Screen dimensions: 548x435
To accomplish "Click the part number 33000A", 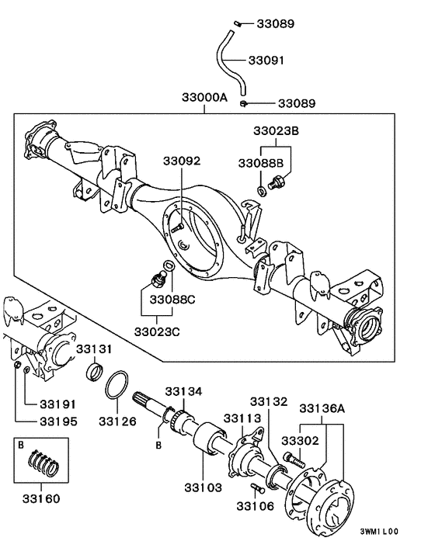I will click(205, 99).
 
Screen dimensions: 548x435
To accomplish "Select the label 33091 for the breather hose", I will click(267, 60).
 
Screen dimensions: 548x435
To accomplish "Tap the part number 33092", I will click(182, 161).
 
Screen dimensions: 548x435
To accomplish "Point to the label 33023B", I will click(275, 130).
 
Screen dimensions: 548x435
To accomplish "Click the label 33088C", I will click(172, 299).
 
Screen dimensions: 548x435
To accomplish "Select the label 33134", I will click(183, 390).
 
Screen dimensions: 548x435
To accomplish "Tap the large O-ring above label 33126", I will click(117, 386).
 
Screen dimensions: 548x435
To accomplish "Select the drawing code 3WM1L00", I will click(378, 532).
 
